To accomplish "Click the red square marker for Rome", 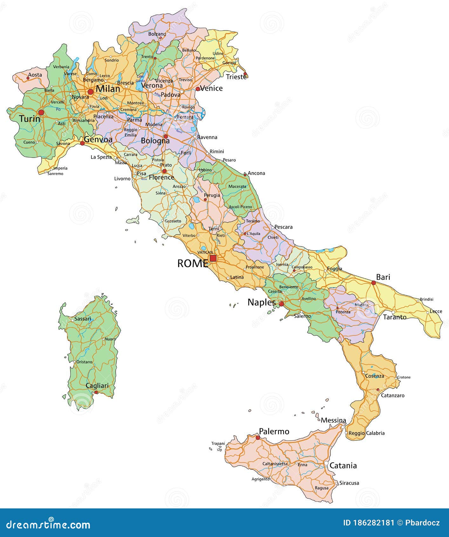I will [213, 258].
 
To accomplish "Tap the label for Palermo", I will [274, 432].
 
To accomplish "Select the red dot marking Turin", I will [41, 112].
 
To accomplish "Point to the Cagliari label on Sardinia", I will [97, 385].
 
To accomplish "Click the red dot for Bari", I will [374, 282].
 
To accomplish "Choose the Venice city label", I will [211, 88].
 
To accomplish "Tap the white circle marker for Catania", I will [326, 464].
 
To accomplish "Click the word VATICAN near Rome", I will [205, 252].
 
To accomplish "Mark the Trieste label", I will [236, 77].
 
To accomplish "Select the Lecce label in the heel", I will [436, 311].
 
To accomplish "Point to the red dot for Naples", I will [281, 304].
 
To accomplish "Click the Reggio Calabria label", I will [366, 433].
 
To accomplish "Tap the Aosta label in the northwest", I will [35, 75].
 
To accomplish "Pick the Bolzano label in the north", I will [157, 34].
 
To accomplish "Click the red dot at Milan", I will [91, 92].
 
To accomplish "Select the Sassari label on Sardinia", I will [83, 319].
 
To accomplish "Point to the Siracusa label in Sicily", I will [349, 483].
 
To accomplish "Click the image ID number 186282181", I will [373, 523].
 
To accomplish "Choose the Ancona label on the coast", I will [256, 173].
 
